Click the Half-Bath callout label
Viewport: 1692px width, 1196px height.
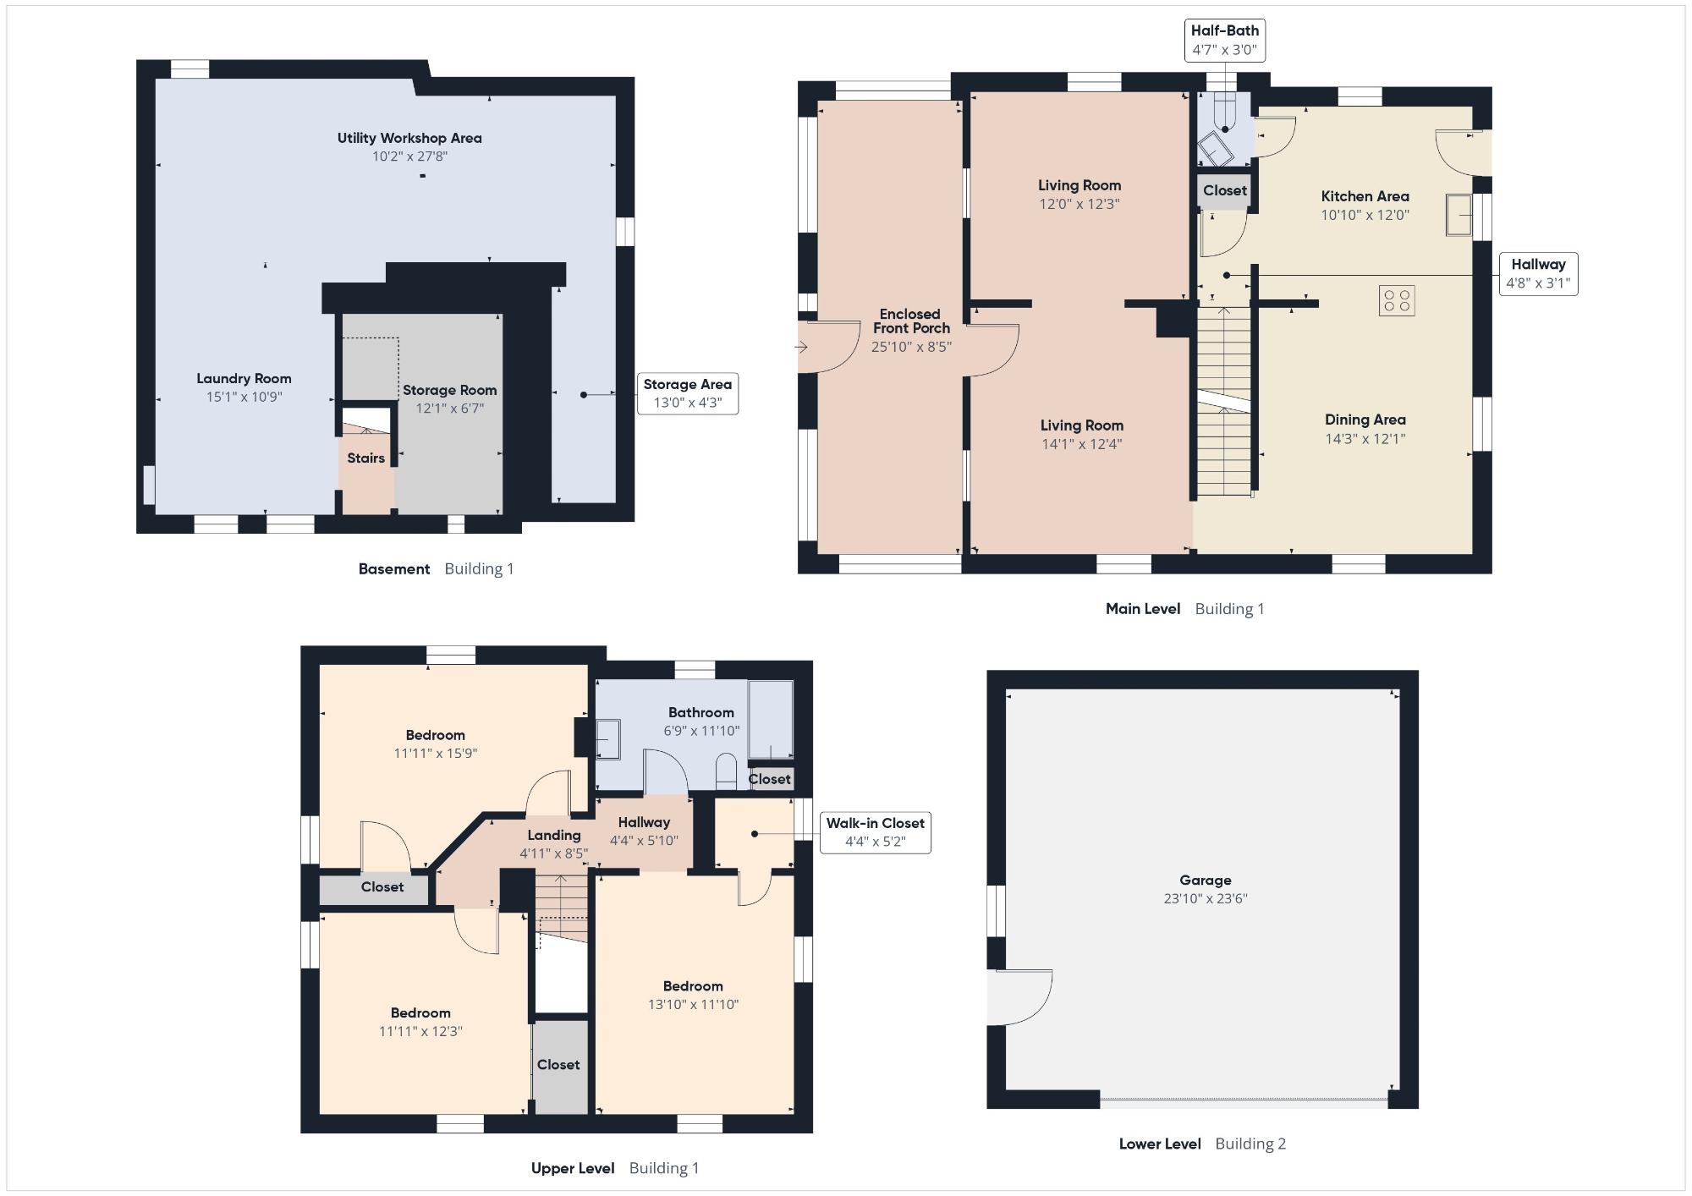pyautogui.click(x=1224, y=40)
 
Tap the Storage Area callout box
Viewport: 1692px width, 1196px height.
pyautogui.click(x=687, y=393)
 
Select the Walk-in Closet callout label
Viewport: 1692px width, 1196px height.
pyautogui.click(x=875, y=832)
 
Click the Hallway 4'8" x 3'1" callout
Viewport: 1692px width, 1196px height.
pyautogui.click(x=1538, y=273)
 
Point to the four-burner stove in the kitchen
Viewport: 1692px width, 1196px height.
pyautogui.click(x=1396, y=300)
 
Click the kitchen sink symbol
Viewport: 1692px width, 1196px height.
pyautogui.click(x=1459, y=214)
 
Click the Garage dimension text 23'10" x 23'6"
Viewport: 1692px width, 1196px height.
pyautogui.click(x=1205, y=898)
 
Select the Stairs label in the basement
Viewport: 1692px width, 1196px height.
pyautogui.click(x=365, y=458)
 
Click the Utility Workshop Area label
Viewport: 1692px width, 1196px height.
pyautogui.click(x=409, y=138)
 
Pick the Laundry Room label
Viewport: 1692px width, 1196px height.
pyautogui.click(x=244, y=378)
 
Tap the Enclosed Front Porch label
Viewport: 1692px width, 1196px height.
pyautogui.click(x=911, y=321)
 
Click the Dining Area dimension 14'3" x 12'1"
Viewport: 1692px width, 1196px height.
pyautogui.click(x=1365, y=438)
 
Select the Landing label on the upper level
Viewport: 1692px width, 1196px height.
pyautogui.click(x=553, y=835)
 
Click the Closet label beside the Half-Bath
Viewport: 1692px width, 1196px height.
pyautogui.click(x=1224, y=190)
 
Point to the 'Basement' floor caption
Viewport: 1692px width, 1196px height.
pyautogui.click(x=394, y=568)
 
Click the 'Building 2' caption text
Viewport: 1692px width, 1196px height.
pyautogui.click(x=1250, y=1144)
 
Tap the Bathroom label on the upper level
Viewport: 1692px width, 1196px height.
pyautogui.click(x=700, y=712)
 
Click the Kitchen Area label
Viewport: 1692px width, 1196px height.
pyautogui.click(x=1365, y=196)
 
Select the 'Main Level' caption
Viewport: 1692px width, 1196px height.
pyautogui.click(x=1143, y=608)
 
